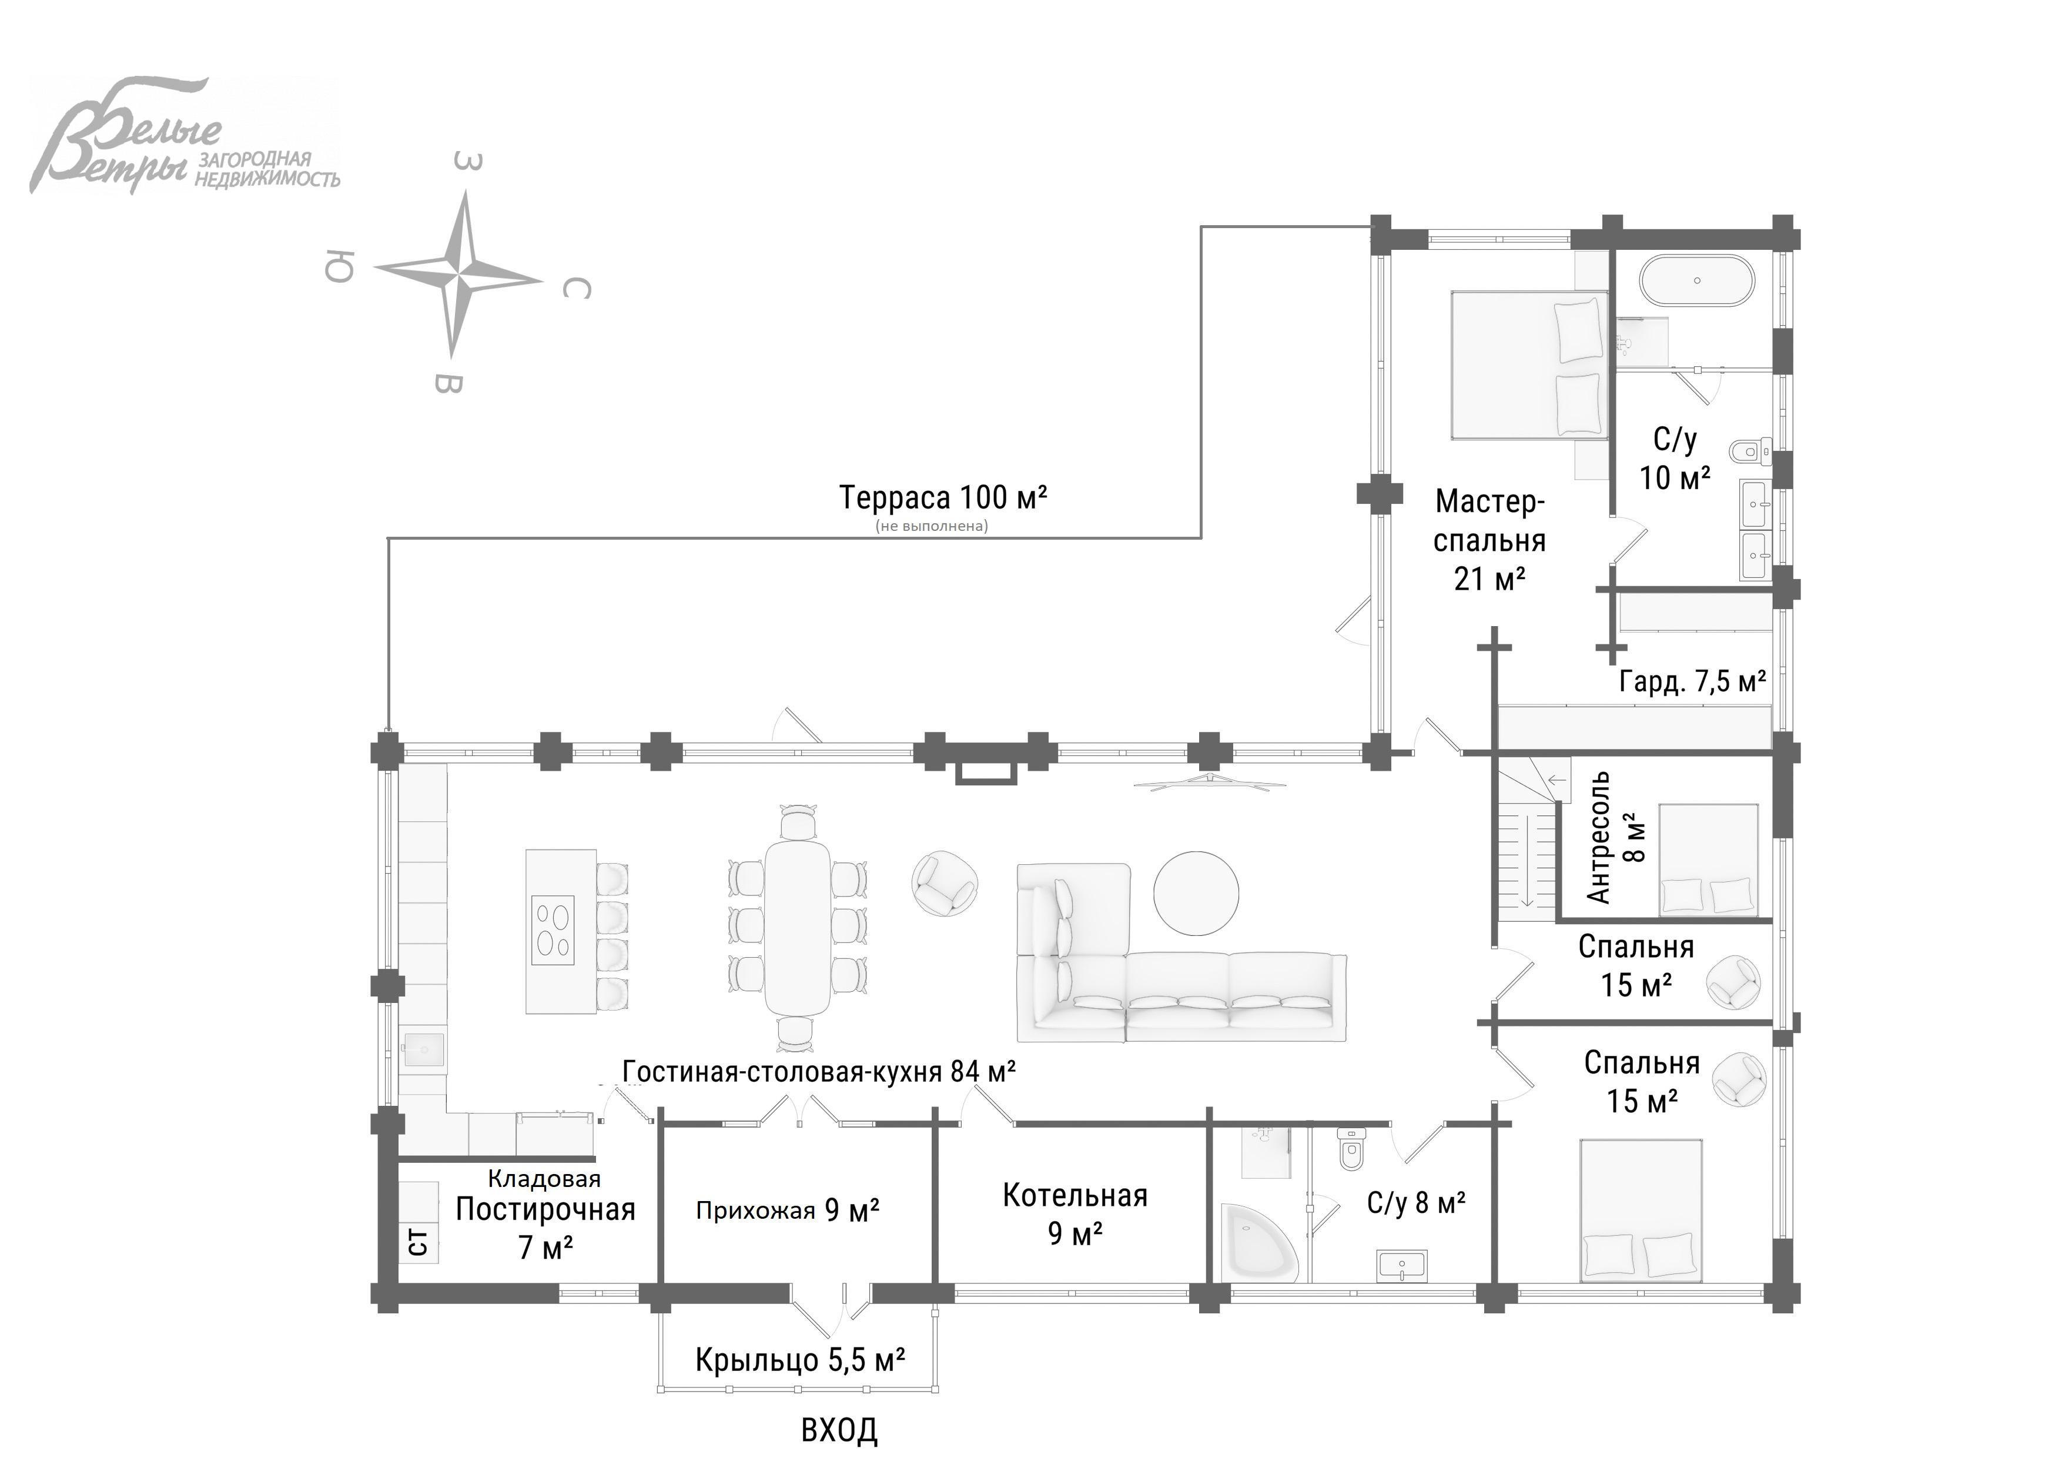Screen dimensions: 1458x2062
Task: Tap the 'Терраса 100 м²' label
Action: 943,497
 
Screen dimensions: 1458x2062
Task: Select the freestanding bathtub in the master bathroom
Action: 1696,281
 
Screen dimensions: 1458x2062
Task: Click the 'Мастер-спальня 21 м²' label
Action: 1489,540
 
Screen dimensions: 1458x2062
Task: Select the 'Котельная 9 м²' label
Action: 1075,1215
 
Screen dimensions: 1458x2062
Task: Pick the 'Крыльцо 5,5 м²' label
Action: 799,1360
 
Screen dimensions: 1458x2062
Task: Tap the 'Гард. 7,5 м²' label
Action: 1692,682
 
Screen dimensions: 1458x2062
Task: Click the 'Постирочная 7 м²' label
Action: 545,1227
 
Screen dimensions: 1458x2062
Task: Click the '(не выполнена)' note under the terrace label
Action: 931,526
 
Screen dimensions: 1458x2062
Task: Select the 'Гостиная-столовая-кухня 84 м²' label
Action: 819,1071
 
